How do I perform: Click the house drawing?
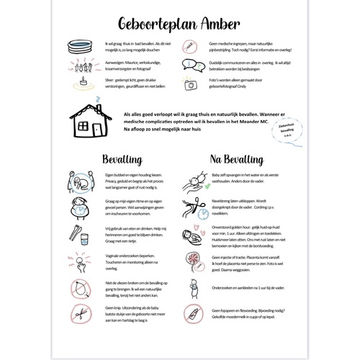coord(90,123)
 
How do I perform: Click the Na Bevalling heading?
coord(230,158)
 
